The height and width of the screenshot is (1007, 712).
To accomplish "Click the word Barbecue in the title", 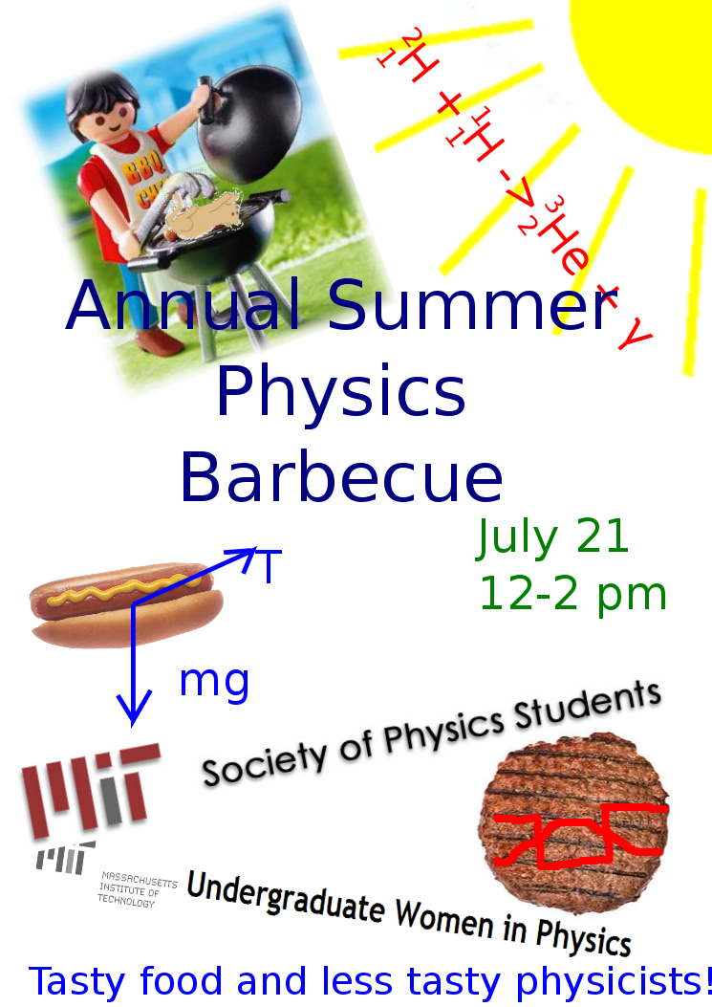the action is [341, 477].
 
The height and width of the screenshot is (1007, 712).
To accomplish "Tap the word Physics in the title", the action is [341, 392].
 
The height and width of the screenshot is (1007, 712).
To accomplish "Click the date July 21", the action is [552, 537].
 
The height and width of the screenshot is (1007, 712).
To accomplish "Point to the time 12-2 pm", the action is [572, 595].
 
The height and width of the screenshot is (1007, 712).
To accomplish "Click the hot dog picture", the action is [126, 604].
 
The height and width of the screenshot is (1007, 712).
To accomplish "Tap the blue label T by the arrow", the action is [270, 566].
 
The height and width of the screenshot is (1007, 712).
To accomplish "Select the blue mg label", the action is [214, 683].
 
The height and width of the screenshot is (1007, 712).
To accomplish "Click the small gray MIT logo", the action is [65, 858].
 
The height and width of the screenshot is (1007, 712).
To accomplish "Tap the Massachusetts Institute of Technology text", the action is [137, 889].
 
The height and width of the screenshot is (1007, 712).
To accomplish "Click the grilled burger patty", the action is [573, 822].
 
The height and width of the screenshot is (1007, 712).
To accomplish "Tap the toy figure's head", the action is [104, 109].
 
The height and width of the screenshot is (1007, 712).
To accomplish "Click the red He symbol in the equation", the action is [565, 248].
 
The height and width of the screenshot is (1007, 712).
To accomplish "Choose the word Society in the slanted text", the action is [264, 759].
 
